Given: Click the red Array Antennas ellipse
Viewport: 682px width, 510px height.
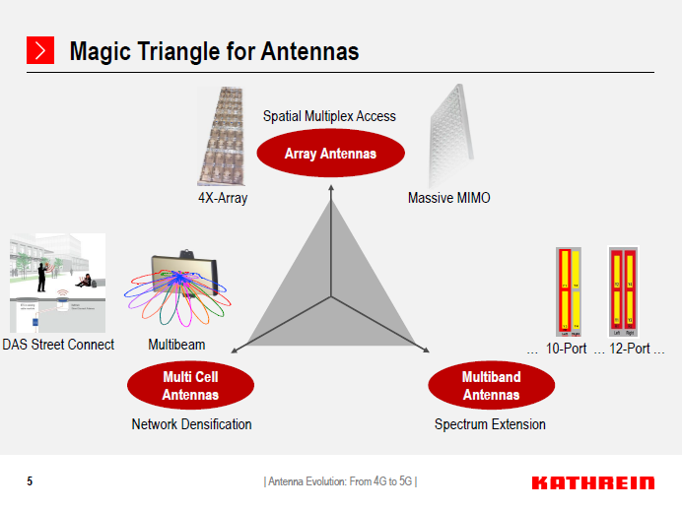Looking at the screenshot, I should click(330, 154).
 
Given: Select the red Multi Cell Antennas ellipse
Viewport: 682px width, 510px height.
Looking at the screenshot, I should click(190, 385).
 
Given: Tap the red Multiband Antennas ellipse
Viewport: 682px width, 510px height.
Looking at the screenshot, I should click(491, 385).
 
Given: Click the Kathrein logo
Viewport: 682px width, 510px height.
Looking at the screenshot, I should click(592, 482).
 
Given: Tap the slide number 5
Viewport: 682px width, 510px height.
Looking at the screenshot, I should click(30, 481).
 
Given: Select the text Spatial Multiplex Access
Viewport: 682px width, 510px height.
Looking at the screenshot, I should click(329, 116).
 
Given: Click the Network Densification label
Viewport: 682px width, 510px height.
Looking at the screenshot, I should click(191, 424).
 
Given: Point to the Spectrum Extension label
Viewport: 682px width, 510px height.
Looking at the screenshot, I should click(490, 424).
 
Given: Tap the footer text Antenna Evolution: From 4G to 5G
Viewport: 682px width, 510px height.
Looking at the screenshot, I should click(340, 481).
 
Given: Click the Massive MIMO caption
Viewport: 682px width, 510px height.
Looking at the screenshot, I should click(448, 198).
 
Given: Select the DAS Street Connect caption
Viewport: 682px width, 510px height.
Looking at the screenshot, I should click(58, 345).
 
